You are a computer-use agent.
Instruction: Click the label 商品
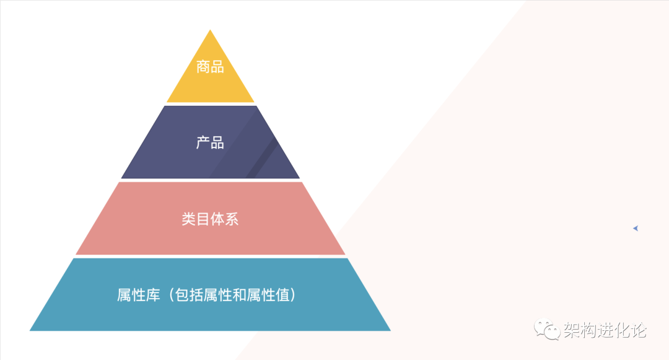click(x=211, y=67)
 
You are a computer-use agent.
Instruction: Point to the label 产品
click(x=211, y=143)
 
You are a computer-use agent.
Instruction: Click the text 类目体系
click(x=211, y=219)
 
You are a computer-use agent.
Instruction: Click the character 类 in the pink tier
click(x=189, y=219)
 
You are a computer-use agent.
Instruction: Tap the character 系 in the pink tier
click(x=232, y=219)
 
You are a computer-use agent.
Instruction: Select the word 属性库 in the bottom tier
click(x=139, y=295)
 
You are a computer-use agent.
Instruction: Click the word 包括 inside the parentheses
click(x=189, y=295)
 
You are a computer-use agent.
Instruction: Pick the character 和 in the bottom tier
click(x=239, y=295)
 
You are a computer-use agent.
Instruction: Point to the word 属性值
click(x=268, y=295)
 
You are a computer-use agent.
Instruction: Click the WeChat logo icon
click(x=547, y=330)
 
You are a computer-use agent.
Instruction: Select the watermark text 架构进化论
click(x=605, y=330)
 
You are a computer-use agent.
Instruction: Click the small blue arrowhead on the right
click(x=636, y=229)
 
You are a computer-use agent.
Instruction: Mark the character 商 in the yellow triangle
click(x=203, y=67)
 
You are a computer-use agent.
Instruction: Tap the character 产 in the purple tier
click(x=203, y=143)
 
